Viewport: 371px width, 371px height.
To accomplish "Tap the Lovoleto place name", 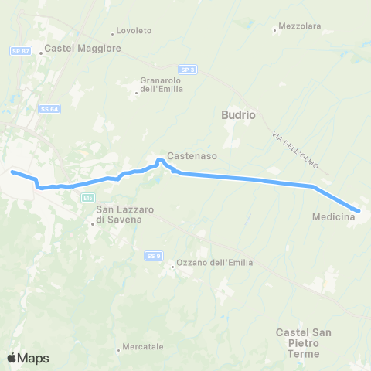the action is (133, 31).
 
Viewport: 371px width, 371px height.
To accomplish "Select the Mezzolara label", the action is (298, 26).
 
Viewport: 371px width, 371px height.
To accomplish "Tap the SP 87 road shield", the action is (20, 51).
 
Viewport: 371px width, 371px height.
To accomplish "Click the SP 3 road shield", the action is (189, 70).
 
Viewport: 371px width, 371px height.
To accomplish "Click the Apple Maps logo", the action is (28, 358).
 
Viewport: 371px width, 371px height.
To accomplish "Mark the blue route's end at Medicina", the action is (359, 210).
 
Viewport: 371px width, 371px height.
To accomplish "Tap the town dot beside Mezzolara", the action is (275, 30).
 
